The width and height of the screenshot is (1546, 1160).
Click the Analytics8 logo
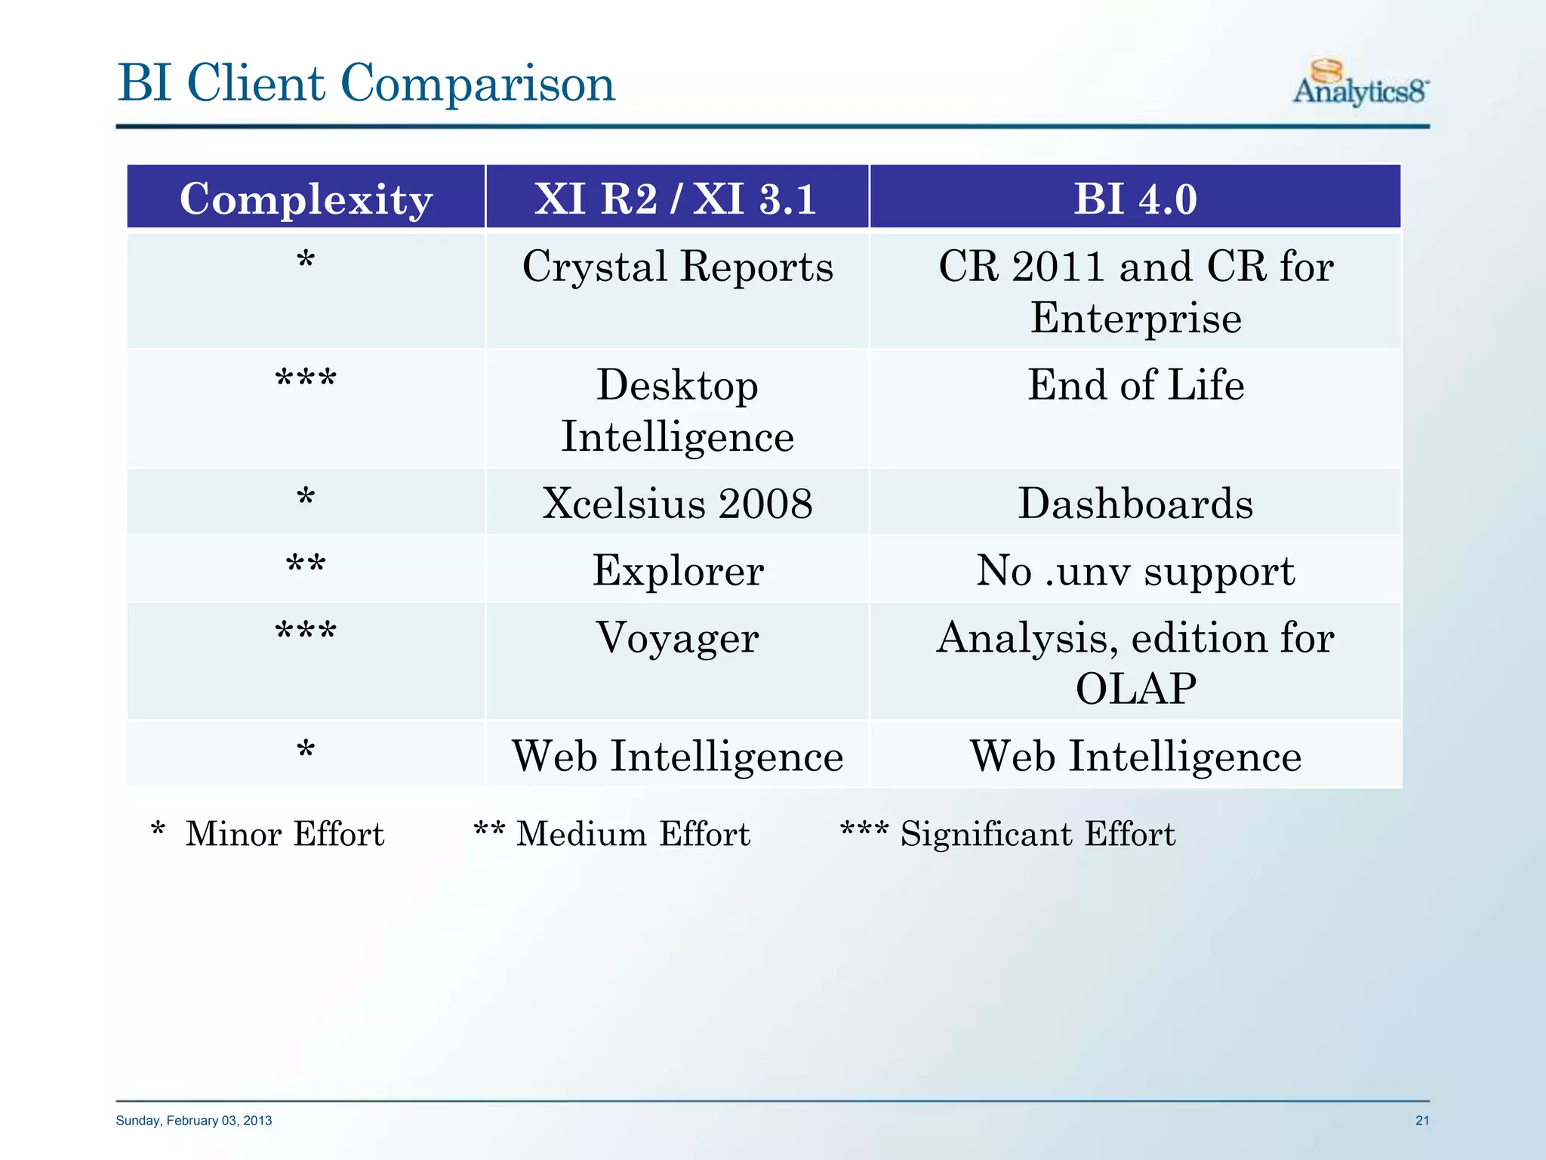(x=1360, y=83)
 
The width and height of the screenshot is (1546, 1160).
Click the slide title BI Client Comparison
(x=366, y=83)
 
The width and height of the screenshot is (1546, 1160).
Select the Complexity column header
(x=306, y=199)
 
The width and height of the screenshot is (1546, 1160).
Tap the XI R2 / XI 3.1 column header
(x=676, y=199)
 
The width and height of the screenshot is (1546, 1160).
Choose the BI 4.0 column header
(x=1135, y=199)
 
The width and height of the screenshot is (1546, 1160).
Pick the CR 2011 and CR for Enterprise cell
(x=1135, y=292)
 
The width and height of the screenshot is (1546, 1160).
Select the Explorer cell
(x=677, y=570)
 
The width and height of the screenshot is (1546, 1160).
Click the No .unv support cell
(x=1135, y=570)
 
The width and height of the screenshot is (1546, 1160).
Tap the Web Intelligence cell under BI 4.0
(x=1135, y=756)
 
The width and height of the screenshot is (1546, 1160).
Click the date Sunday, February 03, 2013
(x=194, y=1121)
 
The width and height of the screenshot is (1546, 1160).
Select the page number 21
(x=1422, y=1121)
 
